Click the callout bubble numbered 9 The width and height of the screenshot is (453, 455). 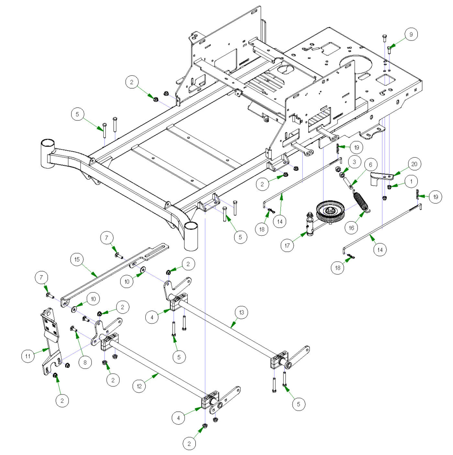tap(411, 34)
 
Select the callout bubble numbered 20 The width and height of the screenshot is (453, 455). tap(414, 164)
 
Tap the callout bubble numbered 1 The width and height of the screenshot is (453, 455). tap(411, 181)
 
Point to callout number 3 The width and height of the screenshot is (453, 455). tap(354, 162)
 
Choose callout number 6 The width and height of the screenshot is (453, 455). tap(370, 165)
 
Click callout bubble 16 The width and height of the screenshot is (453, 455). tap(351, 228)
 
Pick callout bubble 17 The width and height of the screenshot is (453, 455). tap(287, 245)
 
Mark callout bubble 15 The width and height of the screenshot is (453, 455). tap(77, 259)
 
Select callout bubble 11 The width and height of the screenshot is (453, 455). tap(28, 356)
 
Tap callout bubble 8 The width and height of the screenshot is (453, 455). tap(85, 362)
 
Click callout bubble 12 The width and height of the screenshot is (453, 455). tap(139, 386)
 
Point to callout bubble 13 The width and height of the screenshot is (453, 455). tap(241, 313)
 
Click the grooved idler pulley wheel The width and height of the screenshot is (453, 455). tap(330, 210)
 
